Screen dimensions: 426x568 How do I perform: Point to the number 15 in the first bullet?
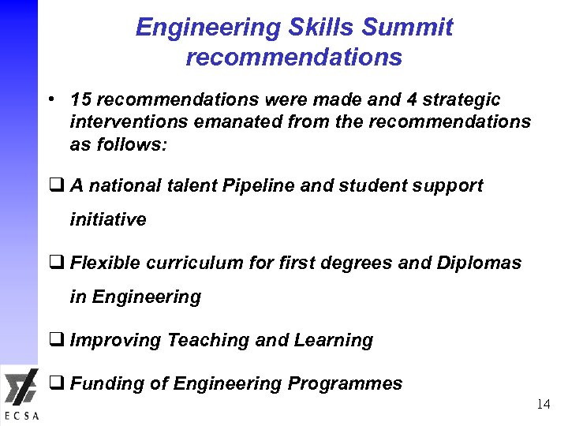[x=80, y=100]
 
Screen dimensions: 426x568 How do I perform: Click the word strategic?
[x=461, y=100]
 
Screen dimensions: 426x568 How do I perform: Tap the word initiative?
[x=108, y=219]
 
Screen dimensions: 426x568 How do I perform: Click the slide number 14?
[x=543, y=405]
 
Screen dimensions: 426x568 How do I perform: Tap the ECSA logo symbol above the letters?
[x=20, y=389]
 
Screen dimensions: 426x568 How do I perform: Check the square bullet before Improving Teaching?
[x=57, y=340]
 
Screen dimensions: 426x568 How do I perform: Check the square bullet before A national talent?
[x=57, y=185]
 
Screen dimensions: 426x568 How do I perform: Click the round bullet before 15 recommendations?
[x=49, y=100]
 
